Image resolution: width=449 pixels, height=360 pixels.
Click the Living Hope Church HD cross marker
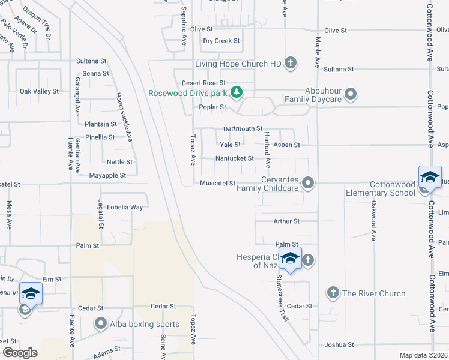291,63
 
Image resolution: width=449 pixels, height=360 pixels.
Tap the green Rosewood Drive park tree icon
237,92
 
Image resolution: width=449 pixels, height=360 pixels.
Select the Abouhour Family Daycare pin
352,94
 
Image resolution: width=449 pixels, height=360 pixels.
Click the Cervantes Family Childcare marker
309,182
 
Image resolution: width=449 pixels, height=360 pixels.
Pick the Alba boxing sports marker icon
101,324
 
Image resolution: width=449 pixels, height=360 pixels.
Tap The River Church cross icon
333,293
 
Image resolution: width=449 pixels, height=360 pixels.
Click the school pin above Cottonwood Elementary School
430,177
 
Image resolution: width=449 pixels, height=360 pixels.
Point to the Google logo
20,352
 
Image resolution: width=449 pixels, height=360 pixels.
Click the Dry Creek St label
221,41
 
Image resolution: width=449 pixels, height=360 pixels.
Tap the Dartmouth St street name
243,128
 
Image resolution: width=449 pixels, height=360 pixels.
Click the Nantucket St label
235,158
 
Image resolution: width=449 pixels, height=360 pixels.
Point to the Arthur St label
286,221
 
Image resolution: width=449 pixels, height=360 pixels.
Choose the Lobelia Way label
125,207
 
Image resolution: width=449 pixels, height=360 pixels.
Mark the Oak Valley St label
39,91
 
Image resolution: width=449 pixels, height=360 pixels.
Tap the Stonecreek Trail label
280,296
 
